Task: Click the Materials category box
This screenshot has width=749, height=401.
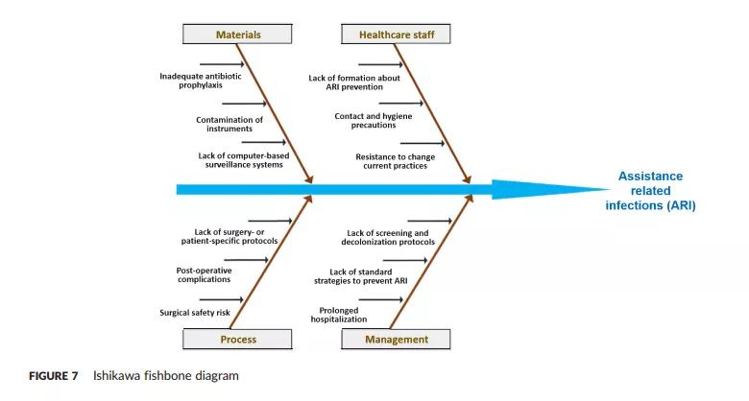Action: pyautogui.click(x=238, y=35)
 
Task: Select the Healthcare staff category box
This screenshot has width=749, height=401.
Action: pyautogui.click(x=396, y=35)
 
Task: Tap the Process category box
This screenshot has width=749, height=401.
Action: pyautogui.click(x=238, y=340)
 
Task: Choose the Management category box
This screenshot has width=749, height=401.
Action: pyautogui.click(x=396, y=340)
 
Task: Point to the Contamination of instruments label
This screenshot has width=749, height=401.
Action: pyautogui.click(x=229, y=124)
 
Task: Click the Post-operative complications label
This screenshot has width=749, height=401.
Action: pyautogui.click(x=204, y=274)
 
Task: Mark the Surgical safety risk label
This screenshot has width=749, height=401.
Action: pyautogui.click(x=195, y=312)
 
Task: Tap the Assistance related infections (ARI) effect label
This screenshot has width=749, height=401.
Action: pyautogui.click(x=650, y=190)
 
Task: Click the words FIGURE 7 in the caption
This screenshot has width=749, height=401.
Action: pyautogui.click(x=52, y=375)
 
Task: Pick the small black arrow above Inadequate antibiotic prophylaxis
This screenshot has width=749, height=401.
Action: pyautogui.click(x=222, y=65)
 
